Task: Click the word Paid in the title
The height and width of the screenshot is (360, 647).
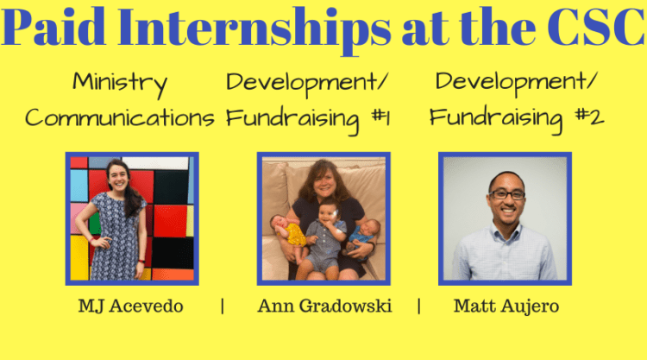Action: [53, 27]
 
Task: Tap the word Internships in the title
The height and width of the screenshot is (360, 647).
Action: [254, 28]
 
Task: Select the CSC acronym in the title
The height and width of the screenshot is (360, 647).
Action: [596, 27]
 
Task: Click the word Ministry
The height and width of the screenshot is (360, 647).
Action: [120, 84]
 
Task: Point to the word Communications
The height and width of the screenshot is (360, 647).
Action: [120, 117]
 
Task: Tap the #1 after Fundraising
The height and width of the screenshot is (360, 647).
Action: [380, 117]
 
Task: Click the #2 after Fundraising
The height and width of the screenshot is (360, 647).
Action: [590, 117]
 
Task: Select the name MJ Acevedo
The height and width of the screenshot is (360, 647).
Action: [131, 306]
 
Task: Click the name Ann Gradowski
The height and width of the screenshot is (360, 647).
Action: [324, 306]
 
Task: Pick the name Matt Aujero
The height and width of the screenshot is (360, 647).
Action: [506, 306]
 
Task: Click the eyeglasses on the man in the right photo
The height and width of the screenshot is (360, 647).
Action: [506, 194]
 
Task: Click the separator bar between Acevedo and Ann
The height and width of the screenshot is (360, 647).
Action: [223, 306]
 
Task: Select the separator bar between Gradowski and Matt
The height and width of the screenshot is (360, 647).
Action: [419, 306]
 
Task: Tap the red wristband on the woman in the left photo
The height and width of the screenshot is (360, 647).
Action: [141, 262]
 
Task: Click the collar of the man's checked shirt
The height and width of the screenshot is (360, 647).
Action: [506, 231]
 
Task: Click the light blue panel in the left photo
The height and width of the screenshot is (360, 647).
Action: [79, 186]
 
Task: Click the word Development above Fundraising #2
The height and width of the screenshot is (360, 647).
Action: [516, 83]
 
